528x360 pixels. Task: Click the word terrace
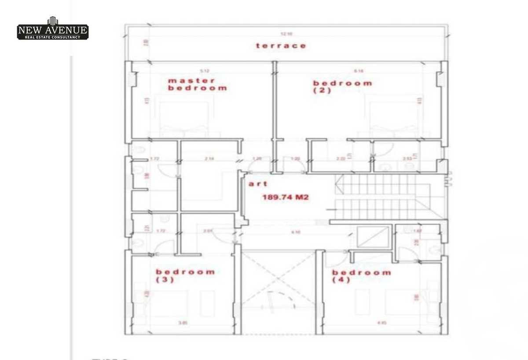281,46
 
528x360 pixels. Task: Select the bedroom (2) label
342,87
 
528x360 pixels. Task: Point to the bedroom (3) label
185,276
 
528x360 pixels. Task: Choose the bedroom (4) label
361,276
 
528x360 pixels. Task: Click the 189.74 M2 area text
286,198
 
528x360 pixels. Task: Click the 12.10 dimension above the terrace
289,34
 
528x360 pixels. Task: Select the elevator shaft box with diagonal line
374,238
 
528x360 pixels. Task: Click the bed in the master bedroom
183,119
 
